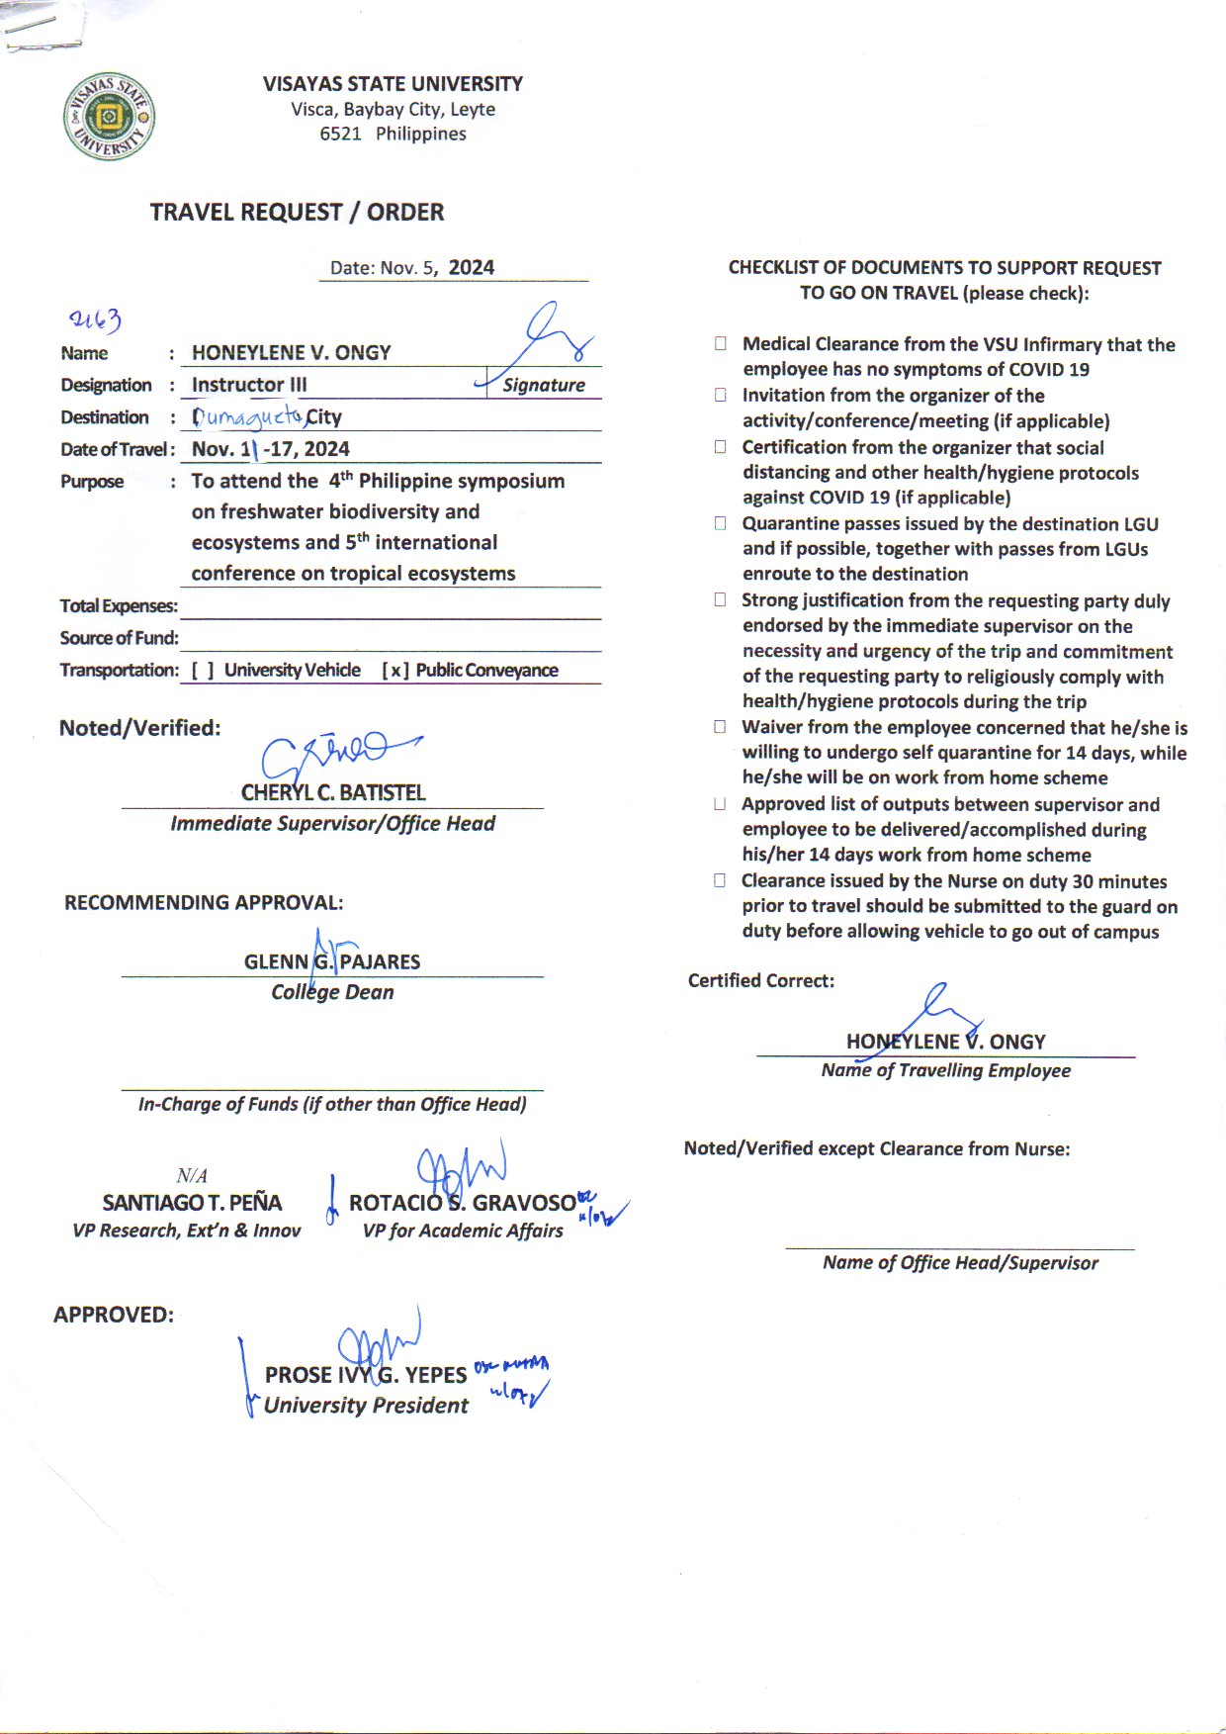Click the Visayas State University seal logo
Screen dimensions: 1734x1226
point(109,117)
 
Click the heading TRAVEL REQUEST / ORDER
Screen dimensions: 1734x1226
point(297,213)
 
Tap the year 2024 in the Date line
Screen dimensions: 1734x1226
point(472,268)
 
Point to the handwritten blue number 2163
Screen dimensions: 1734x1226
point(95,319)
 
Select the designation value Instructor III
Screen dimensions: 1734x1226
point(249,385)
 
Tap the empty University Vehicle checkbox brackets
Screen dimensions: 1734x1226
point(203,671)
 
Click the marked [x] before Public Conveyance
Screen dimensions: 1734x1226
point(394,671)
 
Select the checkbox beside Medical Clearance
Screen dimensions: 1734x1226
point(721,344)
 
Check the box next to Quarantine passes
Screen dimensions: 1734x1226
point(721,523)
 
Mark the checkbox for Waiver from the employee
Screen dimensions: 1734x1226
point(721,727)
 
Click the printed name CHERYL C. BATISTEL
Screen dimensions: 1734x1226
point(333,793)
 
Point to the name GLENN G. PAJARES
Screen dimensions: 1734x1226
point(332,961)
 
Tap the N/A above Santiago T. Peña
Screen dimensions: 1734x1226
point(192,1176)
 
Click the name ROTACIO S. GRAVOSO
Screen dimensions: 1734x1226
point(462,1203)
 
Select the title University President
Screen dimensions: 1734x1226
point(366,1406)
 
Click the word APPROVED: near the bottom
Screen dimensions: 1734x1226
point(114,1316)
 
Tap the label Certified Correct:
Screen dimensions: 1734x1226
point(761,981)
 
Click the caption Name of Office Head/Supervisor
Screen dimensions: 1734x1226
point(960,1263)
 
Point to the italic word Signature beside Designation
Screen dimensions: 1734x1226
point(544,386)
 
